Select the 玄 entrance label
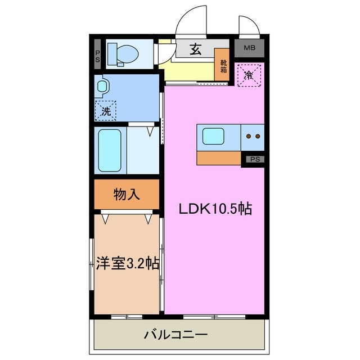click(195, 49)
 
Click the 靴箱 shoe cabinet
click(223, 66)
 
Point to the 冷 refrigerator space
click(247, 75)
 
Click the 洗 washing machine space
click(106, 110)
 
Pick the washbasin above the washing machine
click(102, 87)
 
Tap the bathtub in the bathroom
click(110, 150)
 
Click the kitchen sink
click(213, 137)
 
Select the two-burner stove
click(253, 137)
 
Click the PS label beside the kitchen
click(255, 159)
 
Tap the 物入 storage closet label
click(127, 195)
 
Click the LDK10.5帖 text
click(214, 209)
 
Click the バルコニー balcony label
click(175, 335)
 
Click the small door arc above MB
click(248, 25)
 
